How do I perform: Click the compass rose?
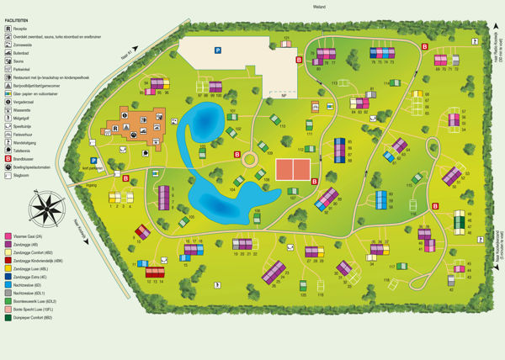coord(48,206)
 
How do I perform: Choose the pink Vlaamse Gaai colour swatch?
coord(8,237)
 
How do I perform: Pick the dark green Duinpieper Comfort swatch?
coord(8,318)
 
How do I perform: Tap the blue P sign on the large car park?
coord(218,50)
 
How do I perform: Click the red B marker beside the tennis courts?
coord(314,181)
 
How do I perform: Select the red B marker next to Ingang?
coord(126,178)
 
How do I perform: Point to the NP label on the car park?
coord(284,95)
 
